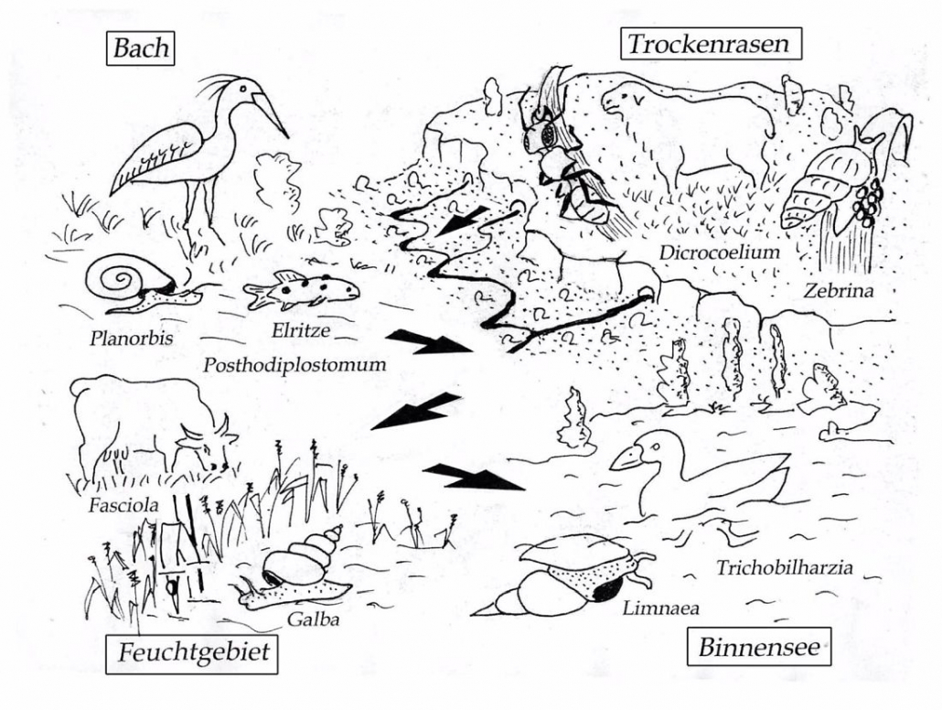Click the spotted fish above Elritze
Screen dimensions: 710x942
coord(301,290)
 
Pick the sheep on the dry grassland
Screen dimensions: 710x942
coord(686,128)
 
